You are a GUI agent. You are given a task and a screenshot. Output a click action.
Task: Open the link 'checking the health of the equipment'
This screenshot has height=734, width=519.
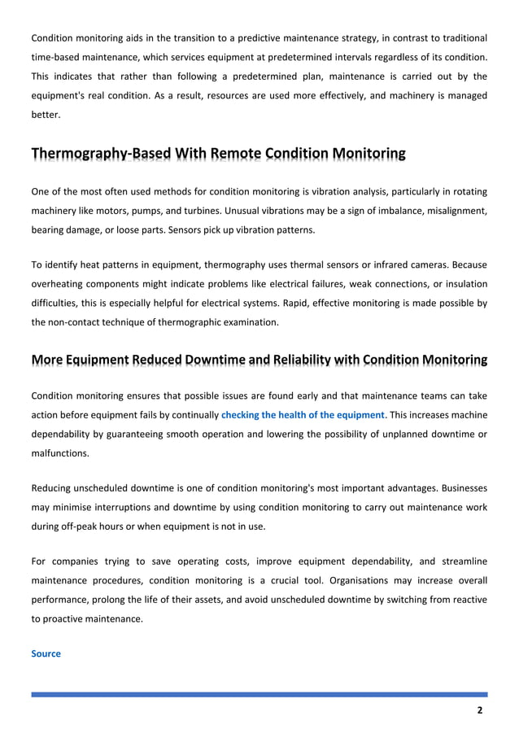[x=302, y=415]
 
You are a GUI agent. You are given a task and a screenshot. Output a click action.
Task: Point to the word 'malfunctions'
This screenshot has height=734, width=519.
[x=60, y=453]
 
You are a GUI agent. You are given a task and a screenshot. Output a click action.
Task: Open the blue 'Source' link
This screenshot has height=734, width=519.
[x=46, y=653]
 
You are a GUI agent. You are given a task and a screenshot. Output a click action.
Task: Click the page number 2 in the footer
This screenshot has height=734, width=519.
[x=480, y=710]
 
